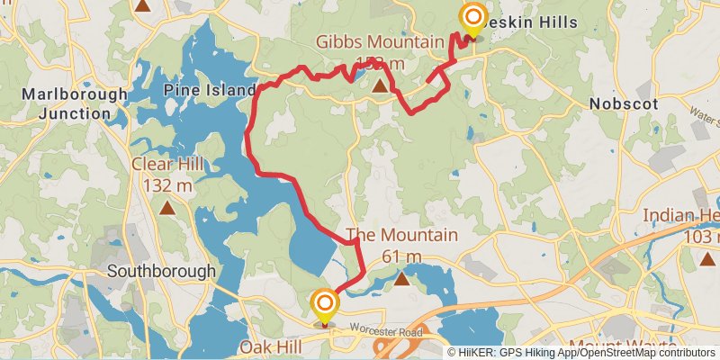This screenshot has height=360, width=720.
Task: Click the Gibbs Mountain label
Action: point(379,42)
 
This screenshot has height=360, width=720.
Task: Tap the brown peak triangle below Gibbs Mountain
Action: point(380,86)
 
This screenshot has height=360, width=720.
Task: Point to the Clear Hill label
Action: point(167,166)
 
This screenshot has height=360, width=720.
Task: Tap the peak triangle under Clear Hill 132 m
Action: point(167,209)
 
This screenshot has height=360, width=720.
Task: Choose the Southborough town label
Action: point(161,271)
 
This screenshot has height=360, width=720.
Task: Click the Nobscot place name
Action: point(624,103)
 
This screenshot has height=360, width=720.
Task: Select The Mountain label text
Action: point(402,236)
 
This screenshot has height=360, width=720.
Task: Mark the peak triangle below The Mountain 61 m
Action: point(402,279)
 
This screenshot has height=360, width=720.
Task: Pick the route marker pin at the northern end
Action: point(472,18)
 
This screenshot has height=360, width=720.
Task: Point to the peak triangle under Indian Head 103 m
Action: point(706,259)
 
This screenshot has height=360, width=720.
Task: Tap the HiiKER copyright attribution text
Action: point(584,353)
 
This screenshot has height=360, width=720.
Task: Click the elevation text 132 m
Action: point(167,186)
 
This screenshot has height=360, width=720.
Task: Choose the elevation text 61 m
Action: point(402,256)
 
